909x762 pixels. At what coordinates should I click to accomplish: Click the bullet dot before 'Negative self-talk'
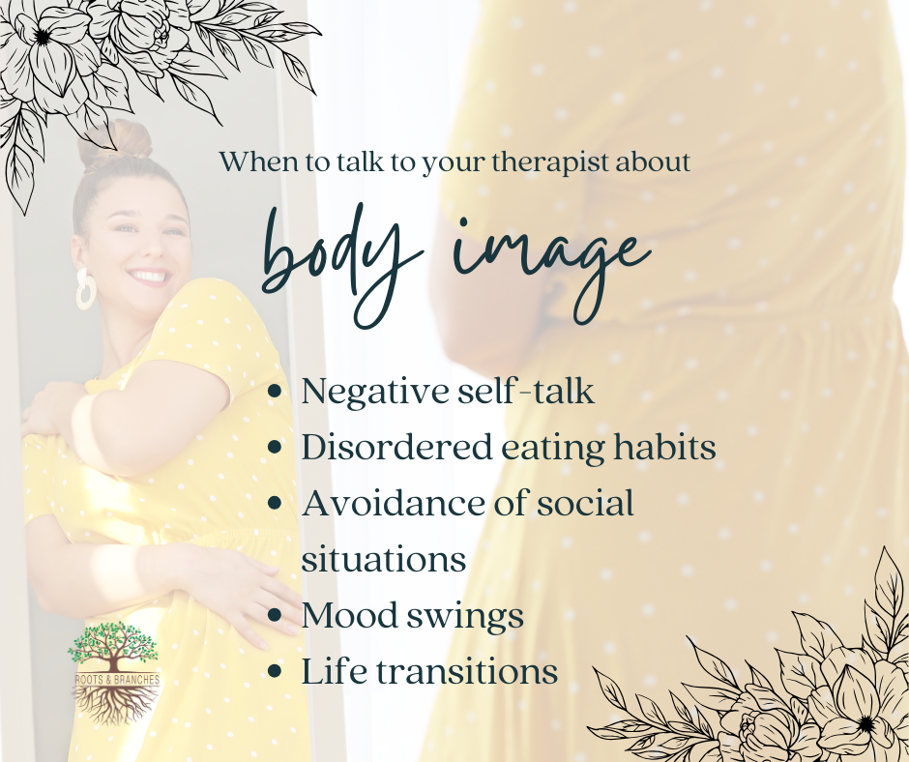pos(279,394)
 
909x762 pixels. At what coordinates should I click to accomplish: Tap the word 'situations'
pos(384,560)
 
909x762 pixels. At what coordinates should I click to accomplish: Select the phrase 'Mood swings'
pos(413,617)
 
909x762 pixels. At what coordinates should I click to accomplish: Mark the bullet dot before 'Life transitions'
pos(279,672)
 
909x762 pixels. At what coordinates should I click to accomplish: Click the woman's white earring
pos(86,288)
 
